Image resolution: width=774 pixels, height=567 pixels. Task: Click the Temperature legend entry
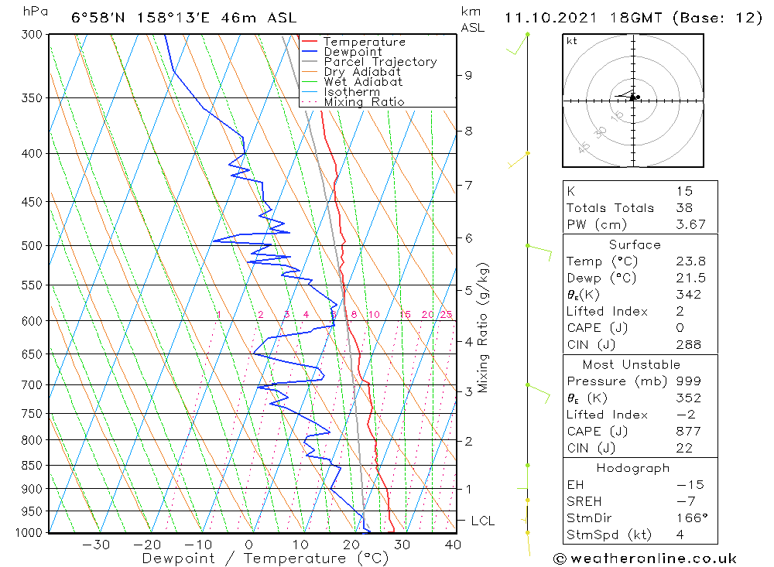pos(364,42)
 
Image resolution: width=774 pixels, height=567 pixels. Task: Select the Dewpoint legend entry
pos(353,52)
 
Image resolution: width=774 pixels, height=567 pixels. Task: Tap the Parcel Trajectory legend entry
pos(380,62)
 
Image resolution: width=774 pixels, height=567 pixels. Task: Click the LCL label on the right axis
pos(482,521)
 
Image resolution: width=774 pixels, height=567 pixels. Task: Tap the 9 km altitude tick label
pos(468,75)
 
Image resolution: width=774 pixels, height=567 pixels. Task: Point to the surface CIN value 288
pos(686,345)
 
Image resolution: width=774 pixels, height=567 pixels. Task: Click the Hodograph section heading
pos(633,469)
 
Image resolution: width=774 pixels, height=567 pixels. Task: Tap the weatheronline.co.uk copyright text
pos(645,558)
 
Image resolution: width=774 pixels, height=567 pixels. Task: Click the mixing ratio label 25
pos(446,315)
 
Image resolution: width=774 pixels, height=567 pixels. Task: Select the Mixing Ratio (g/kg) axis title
pos(483,328)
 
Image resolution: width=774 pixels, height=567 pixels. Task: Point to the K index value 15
pos(683,191)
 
